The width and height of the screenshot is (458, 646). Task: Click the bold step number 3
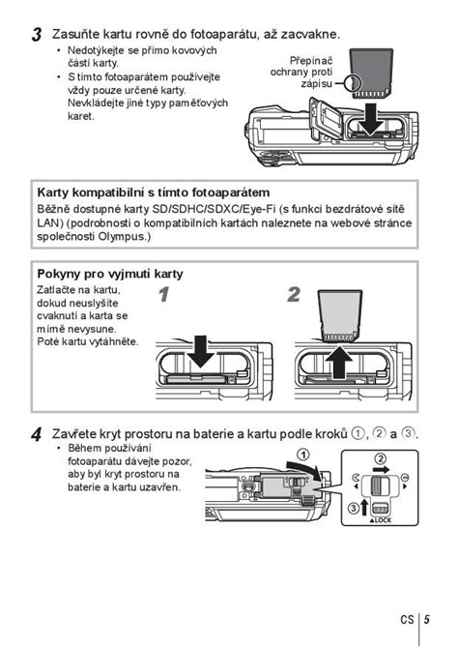point(36,35)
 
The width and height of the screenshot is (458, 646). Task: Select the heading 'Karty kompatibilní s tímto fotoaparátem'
point(152,191)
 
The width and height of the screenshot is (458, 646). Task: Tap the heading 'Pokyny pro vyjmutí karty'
point(109,274)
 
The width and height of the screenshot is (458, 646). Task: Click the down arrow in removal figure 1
point(200,353)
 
